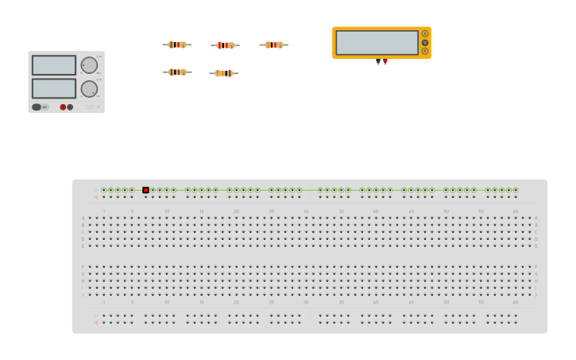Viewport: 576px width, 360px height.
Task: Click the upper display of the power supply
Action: point(54,65)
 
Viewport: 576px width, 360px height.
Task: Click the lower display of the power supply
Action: point(54,88)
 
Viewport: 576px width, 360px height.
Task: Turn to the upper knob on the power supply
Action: point(89,65)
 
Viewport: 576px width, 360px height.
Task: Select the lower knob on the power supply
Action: point(89,88)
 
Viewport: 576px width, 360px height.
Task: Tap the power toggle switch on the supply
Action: point(37,106)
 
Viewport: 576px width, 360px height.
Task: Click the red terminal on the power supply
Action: point(63,106)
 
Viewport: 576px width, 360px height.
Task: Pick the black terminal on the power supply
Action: point(70,106)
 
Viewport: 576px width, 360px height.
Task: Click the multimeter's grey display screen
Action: point(377,42)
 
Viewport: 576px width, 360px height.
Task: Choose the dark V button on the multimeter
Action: point(425,42)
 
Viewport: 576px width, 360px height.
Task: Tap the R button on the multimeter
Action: point(425,51)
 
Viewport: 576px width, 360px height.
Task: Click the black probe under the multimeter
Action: point(378,61)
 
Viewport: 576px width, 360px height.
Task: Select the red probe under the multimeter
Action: point(385,61)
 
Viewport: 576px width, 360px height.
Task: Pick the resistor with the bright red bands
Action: point(225,45)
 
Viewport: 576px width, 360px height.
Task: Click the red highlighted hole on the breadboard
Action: point(145,190)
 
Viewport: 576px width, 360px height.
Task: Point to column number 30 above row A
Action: point(306,211)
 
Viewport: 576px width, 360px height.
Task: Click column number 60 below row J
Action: point(515,302)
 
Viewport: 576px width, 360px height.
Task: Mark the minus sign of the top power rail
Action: point(96,190)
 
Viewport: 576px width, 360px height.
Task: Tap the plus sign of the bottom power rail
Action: point(96,322)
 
